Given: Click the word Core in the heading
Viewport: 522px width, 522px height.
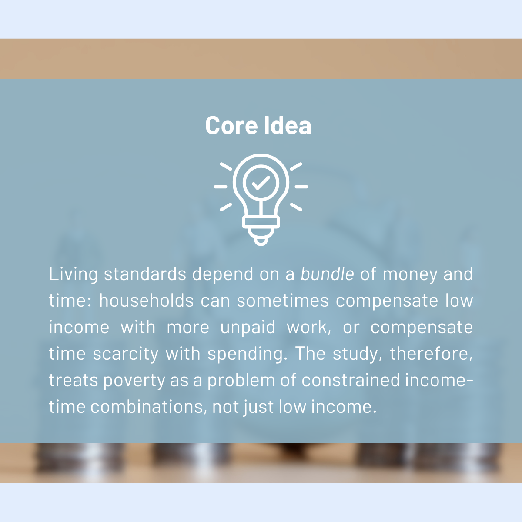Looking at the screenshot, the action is tap(231, 125).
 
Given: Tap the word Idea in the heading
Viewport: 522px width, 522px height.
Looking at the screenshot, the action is tap(288, 125).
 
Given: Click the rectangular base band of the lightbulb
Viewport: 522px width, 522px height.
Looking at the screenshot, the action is tap(261, 222).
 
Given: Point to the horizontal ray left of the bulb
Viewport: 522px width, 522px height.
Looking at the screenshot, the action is tap(221, 187).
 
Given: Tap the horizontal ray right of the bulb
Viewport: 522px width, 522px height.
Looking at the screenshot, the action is tap(301, 187).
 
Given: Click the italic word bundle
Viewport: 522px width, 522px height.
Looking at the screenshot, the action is tap(327, 274).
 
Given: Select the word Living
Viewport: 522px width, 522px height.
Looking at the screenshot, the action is tap(74, 274).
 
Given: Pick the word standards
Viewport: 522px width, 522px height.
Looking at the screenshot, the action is tap(145, 274).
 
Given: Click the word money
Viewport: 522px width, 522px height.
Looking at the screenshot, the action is tap(410, 274).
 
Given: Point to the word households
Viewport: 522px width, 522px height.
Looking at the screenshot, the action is tap(147, 301).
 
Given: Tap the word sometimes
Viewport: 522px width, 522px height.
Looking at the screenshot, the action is tap(283, 301).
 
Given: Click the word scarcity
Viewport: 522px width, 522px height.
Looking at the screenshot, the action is tap(126, 354).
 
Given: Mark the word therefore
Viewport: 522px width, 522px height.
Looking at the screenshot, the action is tap(431, 354).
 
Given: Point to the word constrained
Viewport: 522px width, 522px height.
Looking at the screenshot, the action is tap(351, 380).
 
